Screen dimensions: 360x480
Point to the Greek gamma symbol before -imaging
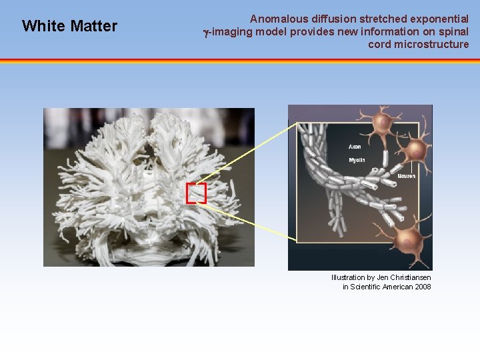(206, 32)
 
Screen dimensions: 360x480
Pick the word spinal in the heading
(453, 31)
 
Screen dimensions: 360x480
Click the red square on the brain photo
(196, 193)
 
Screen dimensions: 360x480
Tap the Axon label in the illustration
(355, 147)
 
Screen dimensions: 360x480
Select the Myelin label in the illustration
(357, 160)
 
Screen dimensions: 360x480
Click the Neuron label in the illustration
(406, 176)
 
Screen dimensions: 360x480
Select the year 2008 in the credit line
(422, 287)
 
